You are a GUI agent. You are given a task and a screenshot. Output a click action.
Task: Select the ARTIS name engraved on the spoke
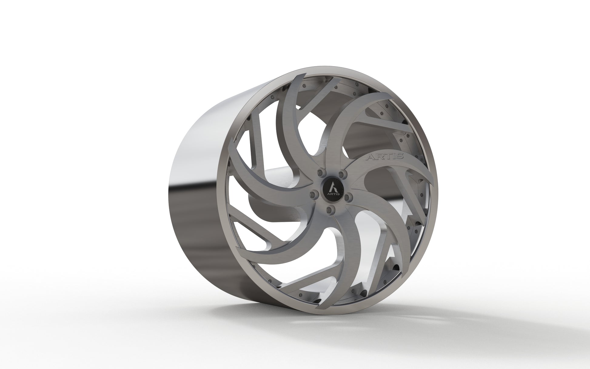click(385, 157)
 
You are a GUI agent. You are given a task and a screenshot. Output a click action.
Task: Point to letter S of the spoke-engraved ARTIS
click(399, 156)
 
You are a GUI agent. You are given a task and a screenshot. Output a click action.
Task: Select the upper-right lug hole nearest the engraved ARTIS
click(342, 174)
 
